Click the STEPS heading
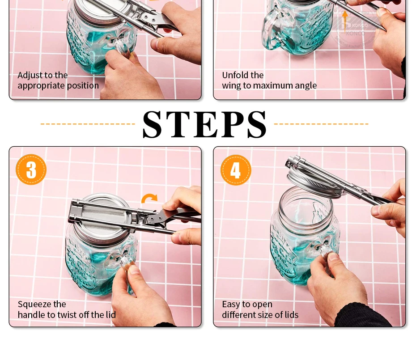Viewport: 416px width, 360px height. [204, 124]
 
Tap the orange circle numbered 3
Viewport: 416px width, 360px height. [31, 169]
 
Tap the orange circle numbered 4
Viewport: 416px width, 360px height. [236, 170]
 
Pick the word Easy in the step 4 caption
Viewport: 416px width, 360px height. [231, 305]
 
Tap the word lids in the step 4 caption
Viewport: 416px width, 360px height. [291, 315]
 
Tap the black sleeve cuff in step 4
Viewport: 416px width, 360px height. [364, 316]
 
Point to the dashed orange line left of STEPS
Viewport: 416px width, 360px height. [88, 124]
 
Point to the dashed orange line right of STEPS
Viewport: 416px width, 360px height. [321, 124]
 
